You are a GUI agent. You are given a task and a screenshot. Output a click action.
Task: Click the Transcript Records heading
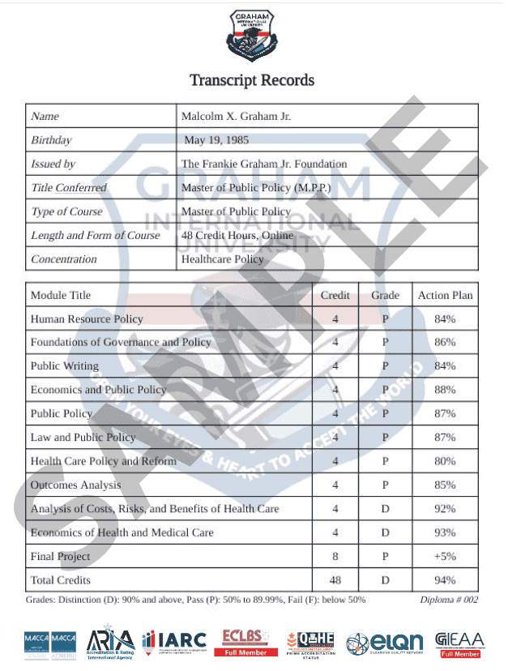coord(252,80)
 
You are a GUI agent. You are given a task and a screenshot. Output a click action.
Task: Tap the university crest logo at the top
coord(252,34)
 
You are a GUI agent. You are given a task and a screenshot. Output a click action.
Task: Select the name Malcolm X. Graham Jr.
coord(236,117)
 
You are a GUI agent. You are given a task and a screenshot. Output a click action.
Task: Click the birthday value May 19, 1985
coord(220,140)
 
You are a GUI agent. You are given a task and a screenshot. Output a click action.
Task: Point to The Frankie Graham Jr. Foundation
coord(264,164)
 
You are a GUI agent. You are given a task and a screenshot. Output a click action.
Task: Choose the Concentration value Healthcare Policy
coord(223,259)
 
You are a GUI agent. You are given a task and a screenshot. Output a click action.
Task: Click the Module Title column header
coord(61,295)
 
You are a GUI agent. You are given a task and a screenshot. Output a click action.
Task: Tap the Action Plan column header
coord(445,295)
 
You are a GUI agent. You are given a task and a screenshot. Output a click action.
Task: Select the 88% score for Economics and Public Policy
coord(445,390)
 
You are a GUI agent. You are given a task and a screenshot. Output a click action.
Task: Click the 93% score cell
coord(445,532)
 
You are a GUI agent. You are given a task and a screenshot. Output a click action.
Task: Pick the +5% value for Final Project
coord(445,557)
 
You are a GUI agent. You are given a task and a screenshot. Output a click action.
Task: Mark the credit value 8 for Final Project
coord(335,557)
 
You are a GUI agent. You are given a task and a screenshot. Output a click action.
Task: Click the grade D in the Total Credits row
coord(386,580)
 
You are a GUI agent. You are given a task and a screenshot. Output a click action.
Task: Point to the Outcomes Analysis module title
coord(75,485)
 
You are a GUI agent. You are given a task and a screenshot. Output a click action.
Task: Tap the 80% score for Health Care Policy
coord(445,461)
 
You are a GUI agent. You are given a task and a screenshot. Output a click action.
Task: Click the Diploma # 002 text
coord(450,600)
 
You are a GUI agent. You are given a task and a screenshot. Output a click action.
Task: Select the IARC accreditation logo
coord(175,642)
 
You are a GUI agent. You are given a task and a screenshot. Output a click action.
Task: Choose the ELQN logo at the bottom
coord(386,643)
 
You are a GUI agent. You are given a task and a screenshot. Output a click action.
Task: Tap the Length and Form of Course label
coord(96,235)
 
